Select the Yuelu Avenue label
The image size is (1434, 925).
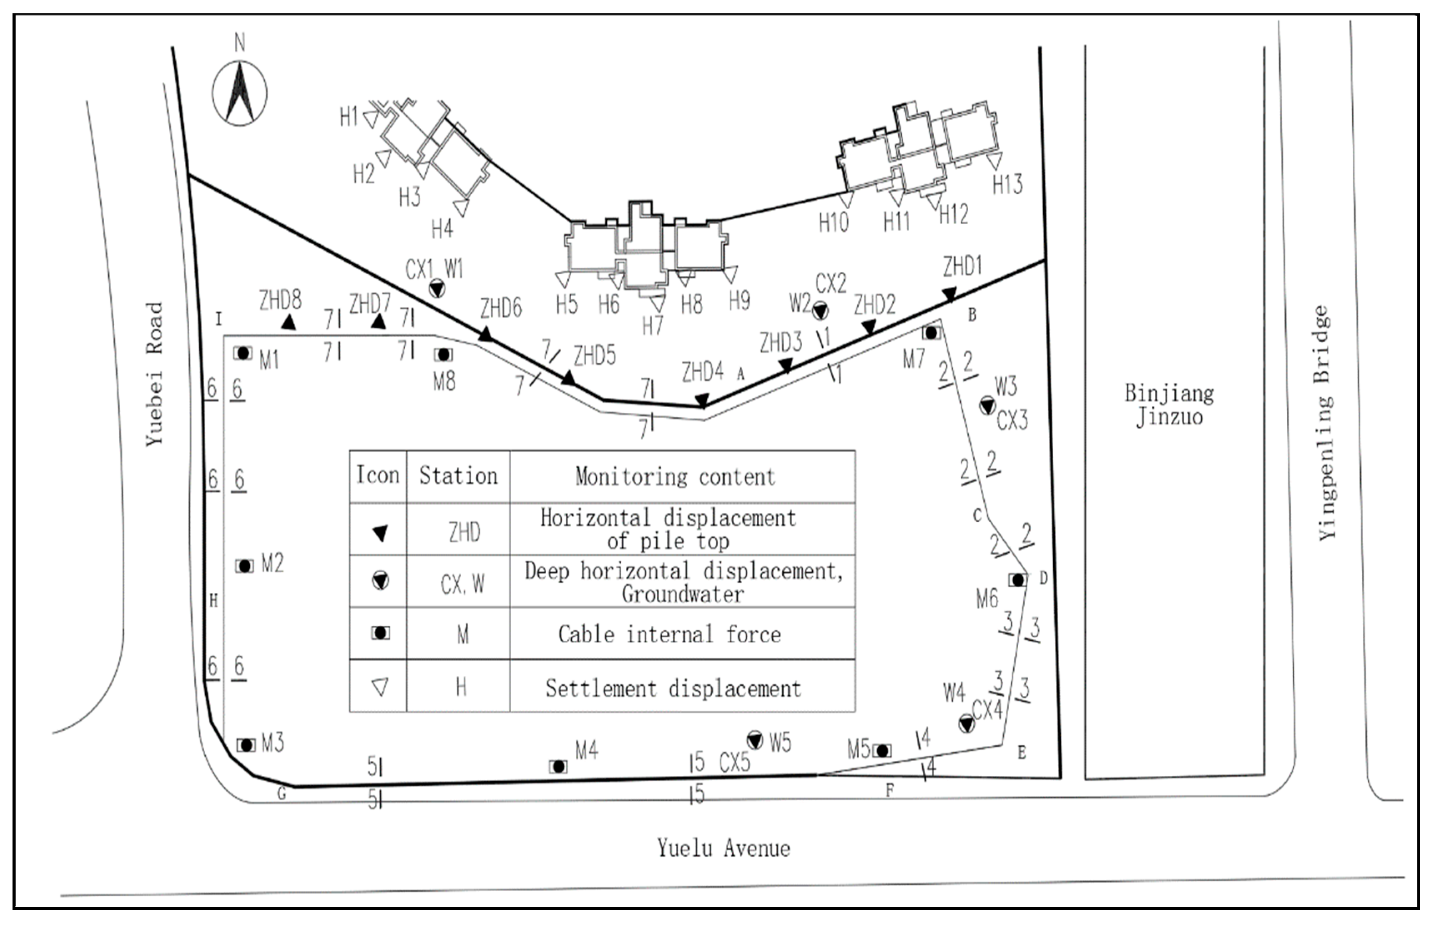723,849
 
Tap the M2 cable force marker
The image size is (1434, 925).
244,566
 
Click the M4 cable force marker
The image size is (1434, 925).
558,767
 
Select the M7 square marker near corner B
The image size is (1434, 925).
931,332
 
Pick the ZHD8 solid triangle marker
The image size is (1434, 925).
289,323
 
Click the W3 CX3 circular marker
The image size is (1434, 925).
987,406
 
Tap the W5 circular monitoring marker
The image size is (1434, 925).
755,740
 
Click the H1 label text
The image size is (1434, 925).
349,117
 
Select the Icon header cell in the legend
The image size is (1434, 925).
378,476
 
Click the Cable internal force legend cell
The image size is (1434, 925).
669,635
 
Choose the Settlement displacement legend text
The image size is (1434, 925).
673,688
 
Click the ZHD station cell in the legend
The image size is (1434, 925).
464,532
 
